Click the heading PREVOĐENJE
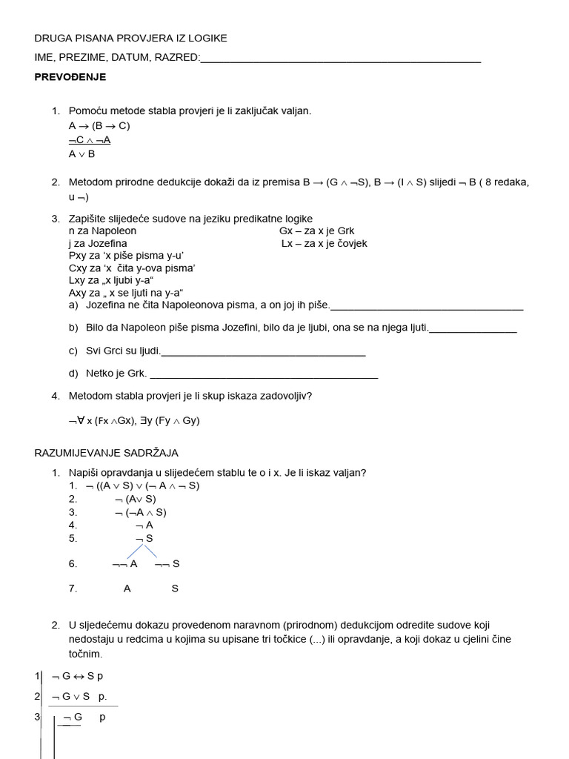[70, 77]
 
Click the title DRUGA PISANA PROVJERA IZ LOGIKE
[131, 39]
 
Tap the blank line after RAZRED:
[341, 59]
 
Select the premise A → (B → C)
[99, 126]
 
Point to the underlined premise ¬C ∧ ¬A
[90, 140]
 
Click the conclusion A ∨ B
[81, 154]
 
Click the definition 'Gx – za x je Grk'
[317, 231]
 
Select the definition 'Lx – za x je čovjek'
[324, 244]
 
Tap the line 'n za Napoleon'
[102, 231]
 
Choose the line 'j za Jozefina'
[98, 244]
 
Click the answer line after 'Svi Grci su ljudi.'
[263, 351]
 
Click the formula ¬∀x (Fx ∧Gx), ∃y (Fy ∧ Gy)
[134, 421]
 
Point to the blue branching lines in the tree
[142, 551]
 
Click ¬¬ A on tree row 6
[124, 564]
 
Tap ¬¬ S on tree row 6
[167, 564]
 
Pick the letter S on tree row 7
[175, 589]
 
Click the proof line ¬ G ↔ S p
[78, 676]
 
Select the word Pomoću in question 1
[87, 111]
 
